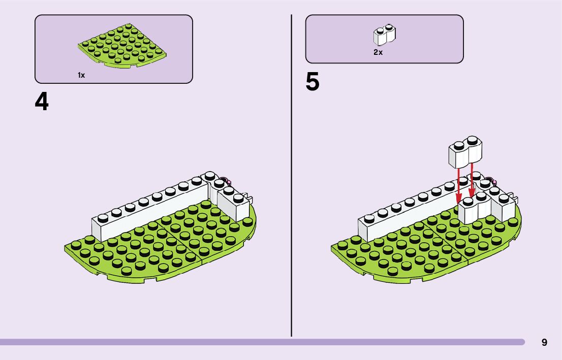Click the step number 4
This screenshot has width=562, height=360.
pyautogui.click(x=42, y=102)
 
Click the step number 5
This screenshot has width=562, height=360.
pyautogui.click(x=313, y=82)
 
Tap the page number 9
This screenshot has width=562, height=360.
pyautogui.click(x=544, y=342)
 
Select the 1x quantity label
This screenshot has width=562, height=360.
pyautogui.click(x=81, y=75)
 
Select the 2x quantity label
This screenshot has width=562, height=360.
pyautogui.click(x=378, y=52)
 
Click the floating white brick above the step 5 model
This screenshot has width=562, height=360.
pyautogui.click(x=464, y=152)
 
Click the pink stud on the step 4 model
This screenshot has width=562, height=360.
pyautogui.click(x=229, y=182)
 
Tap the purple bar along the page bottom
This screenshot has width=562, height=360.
pyautogui.click(x=254, y=342)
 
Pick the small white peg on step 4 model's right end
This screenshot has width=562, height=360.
pyautogui.click(x=249, y=196)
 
